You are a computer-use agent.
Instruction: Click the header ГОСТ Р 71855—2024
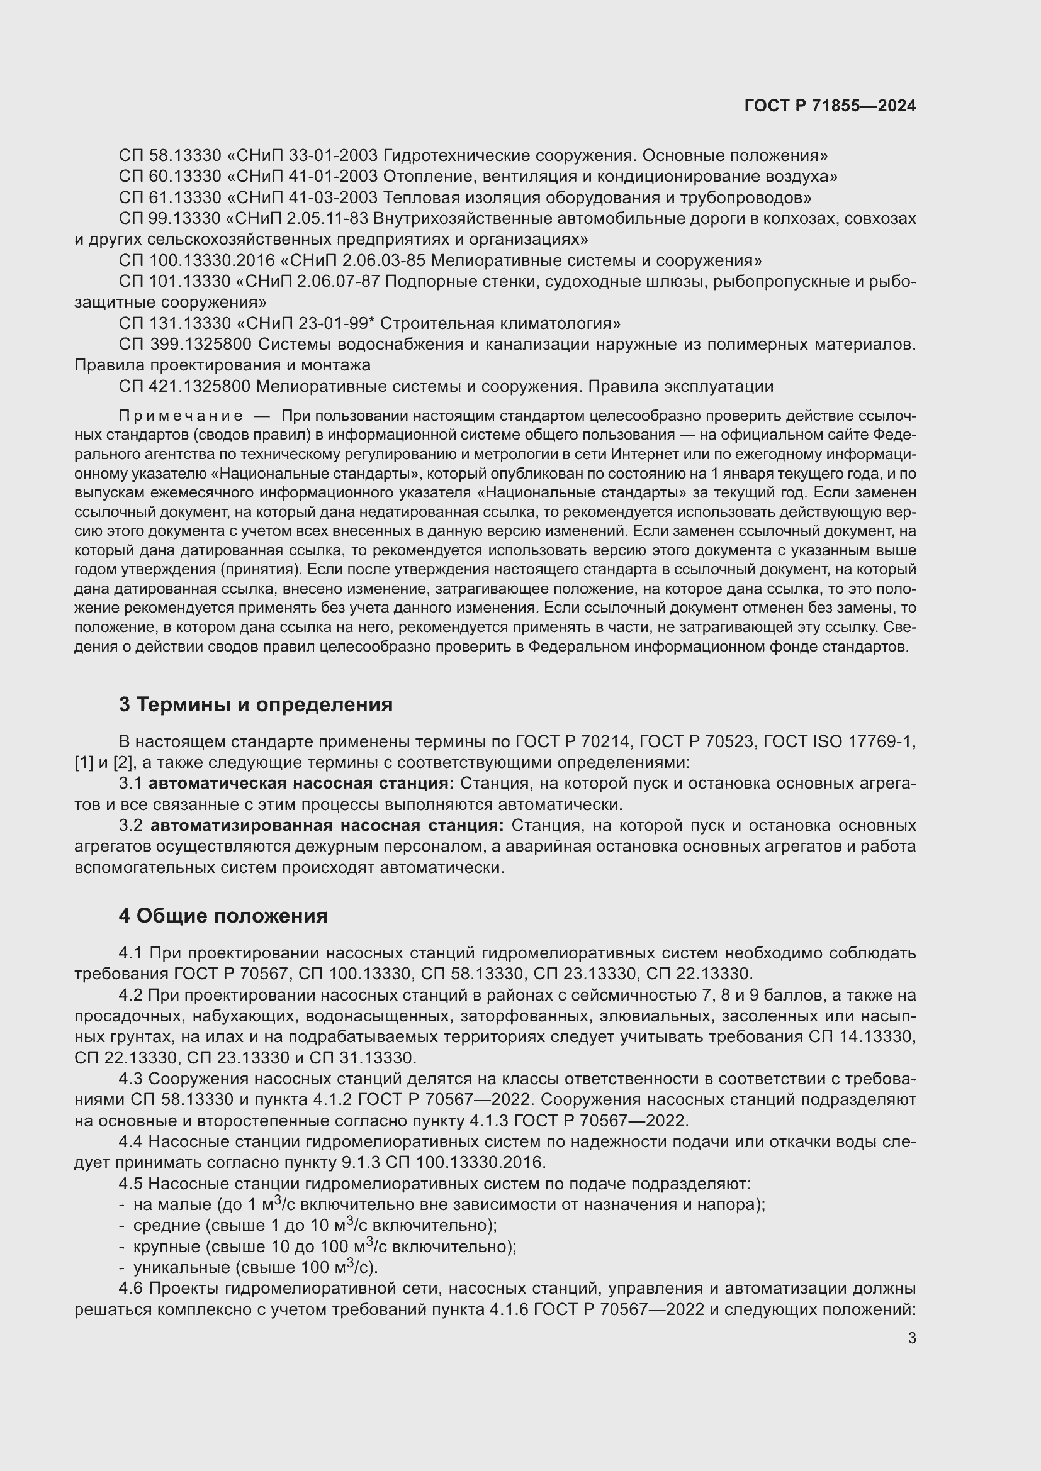coord(830,106)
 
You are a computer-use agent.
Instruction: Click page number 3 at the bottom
coord(911,1338)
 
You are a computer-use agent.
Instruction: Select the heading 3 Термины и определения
coord(255,705)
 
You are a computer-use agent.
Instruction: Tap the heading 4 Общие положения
coord(222,916)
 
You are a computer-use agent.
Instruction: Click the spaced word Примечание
coord(181,416)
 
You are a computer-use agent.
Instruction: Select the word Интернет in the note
coord(643,455)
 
